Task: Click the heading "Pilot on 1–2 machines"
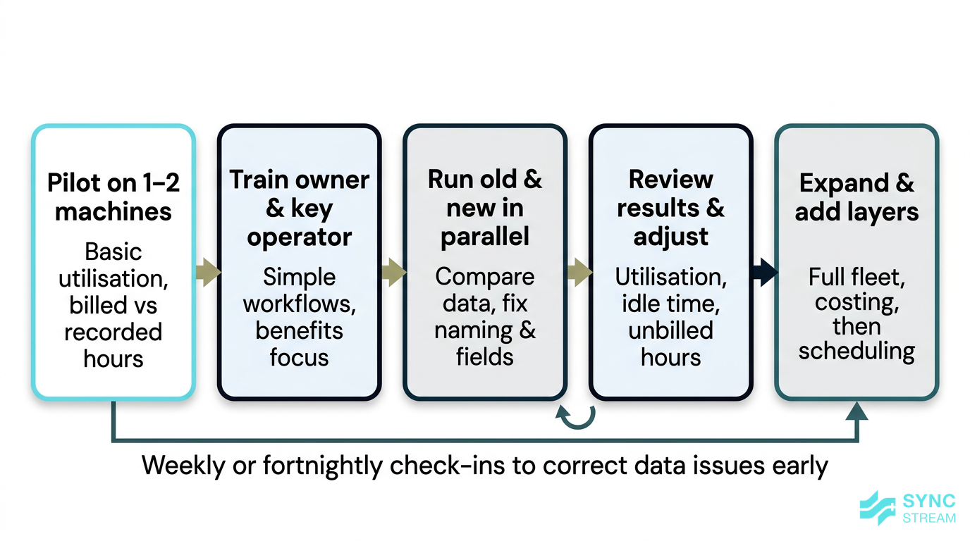click(113, 197)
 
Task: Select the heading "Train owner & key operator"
click(299, 208)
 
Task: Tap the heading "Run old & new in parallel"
click(485, 208)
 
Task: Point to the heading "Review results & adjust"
click(670, 208)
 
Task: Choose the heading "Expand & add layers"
click(857, 197)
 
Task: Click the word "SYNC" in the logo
click(928, 502)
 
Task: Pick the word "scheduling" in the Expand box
click(857, 351)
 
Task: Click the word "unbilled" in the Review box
click(670, 330)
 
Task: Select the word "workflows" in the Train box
click(299, 304)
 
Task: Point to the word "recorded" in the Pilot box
click(113, 332)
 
